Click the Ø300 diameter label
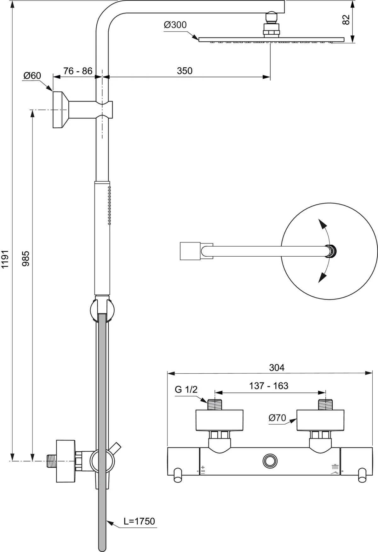point(175,25)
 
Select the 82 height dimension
point(346,20)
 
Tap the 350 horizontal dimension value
point(185,71)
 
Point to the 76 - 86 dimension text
point(78,71)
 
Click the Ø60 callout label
point(32,75)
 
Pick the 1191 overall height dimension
point(5,260)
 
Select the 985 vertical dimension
point(26,259)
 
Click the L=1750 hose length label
point(139,521)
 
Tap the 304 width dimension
point(277,367)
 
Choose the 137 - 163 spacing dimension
point(269,386)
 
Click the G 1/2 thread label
point(186,389)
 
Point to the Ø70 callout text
point(277,418)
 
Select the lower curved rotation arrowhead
point(322,277)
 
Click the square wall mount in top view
point(190,251)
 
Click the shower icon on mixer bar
point(334,467)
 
